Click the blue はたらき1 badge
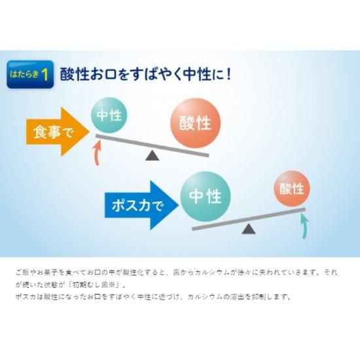(30, 74)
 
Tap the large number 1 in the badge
(45, 75)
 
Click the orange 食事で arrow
(58, 132)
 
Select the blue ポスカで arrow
(141, 205)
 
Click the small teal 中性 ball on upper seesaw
(109, 115)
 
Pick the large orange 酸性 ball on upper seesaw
(195, 123)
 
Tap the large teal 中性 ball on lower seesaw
(206, 196)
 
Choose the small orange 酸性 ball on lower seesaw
(292, 189)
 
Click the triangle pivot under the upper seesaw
(153, 155)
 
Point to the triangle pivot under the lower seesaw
(249, 229)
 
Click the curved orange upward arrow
(98, 153)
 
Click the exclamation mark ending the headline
(228, 74)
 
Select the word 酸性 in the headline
(75, 74)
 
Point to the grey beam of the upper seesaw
(153, 146)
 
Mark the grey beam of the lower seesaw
(249, 219)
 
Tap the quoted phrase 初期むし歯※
(95, 285)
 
